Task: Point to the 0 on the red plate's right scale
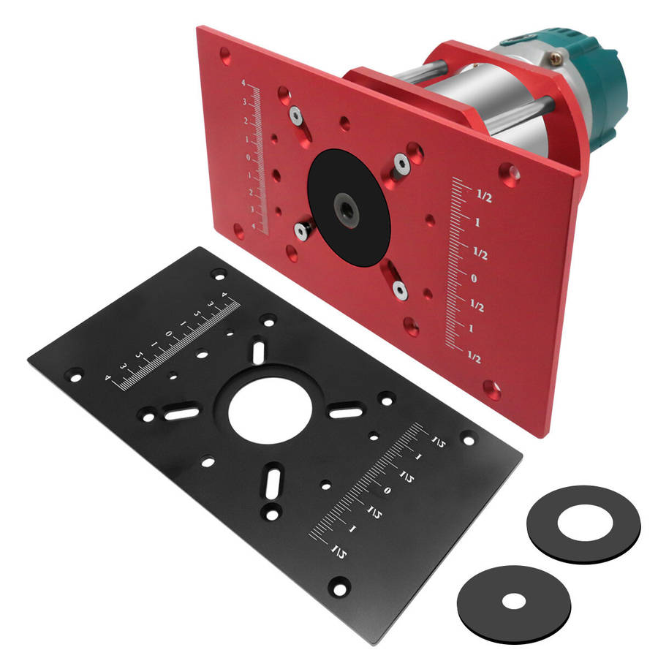click(473, 279)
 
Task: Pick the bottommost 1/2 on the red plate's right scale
click(474, 358)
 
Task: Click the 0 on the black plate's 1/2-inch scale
click(387, 491)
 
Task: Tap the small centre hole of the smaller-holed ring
click(515, 602)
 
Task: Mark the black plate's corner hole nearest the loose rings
click(469, 440)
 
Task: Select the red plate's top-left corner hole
click(225, 54)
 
